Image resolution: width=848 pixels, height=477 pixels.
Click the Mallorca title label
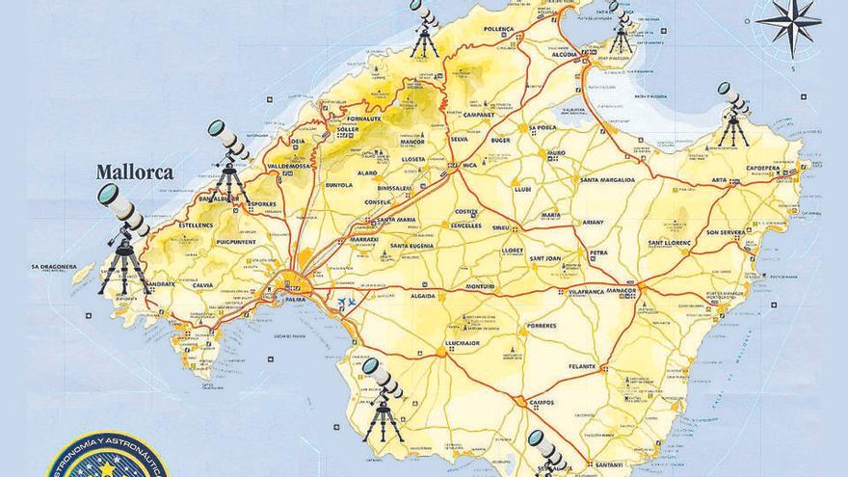pyautogui.click(x=134, y=173)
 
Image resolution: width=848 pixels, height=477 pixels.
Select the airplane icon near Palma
pyautogui.click(x=345, y=305)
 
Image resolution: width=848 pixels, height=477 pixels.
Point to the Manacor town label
pyautogui.click(x=617, y=291)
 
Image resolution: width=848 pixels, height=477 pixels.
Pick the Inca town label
pyautogui.click(x=469, y=166)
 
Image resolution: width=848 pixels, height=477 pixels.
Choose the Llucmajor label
pyautogui.click(x=462, y=343)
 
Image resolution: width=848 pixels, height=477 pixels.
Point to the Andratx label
pyautogui.click(x=160, y=283)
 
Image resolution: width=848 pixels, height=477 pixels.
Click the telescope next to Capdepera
pyautogui.click(x=733, y=114)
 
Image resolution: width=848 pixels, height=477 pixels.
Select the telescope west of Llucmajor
pyautogui.click(x=383, y=398)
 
